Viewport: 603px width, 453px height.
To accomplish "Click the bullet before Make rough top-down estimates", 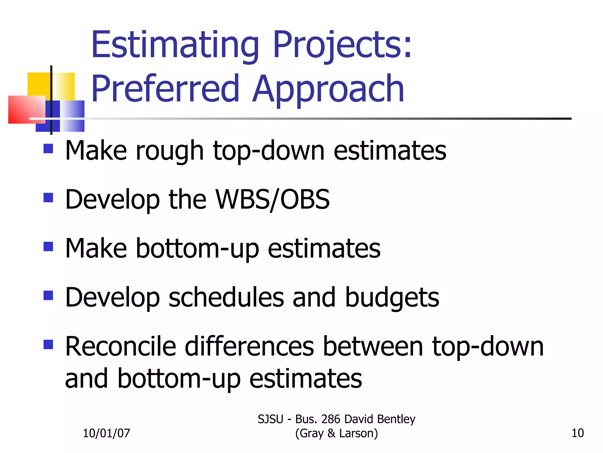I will tap(48, 149).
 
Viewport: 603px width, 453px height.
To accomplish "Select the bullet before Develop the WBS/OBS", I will tap(48, 198).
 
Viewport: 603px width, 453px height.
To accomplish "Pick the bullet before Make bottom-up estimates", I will tap(48, 247).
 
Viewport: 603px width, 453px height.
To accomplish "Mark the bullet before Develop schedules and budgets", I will tap(48, 296).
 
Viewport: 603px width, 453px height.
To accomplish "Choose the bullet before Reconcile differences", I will tap(48, 344).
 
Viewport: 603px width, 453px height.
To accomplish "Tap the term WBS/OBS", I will tap(272, 200).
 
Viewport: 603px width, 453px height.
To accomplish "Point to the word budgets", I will tap(392, 298).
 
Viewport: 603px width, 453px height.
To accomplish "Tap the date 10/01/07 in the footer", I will tap(106, 433).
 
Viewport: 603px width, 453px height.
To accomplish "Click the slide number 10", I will tap(577, 433).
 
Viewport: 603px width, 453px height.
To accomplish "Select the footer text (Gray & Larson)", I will tap(336, 433).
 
